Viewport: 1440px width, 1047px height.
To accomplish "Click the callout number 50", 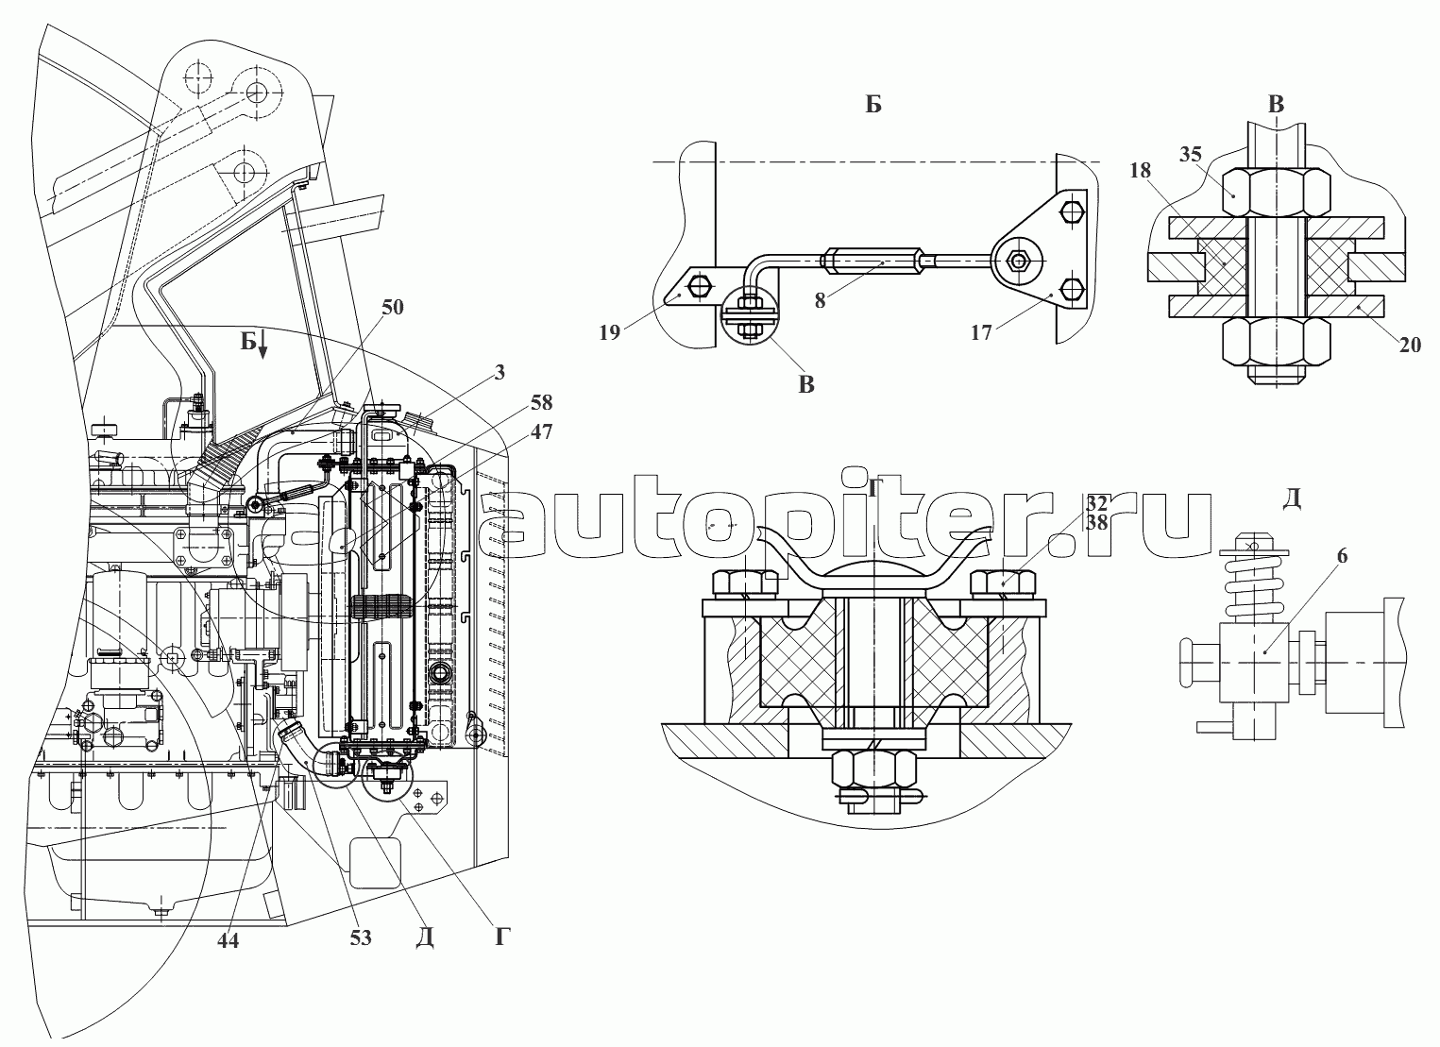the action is tap(392, 307).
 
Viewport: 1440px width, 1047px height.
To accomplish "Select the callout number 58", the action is tap(541, 402).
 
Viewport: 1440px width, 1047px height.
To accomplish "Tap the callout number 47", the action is tap(541, 431).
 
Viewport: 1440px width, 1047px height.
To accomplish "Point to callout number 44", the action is tap(229, 941).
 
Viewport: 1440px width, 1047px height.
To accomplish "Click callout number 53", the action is tap(361, 937).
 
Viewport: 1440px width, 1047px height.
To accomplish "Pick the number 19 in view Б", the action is tap(610, 332).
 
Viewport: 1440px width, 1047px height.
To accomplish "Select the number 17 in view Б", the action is tap(981, 332).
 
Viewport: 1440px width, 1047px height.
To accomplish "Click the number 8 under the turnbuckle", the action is tap(820, 300).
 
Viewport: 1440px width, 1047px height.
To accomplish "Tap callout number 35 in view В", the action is tap(1191, 154).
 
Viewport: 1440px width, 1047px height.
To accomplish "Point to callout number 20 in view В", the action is tap(1410, 346).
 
